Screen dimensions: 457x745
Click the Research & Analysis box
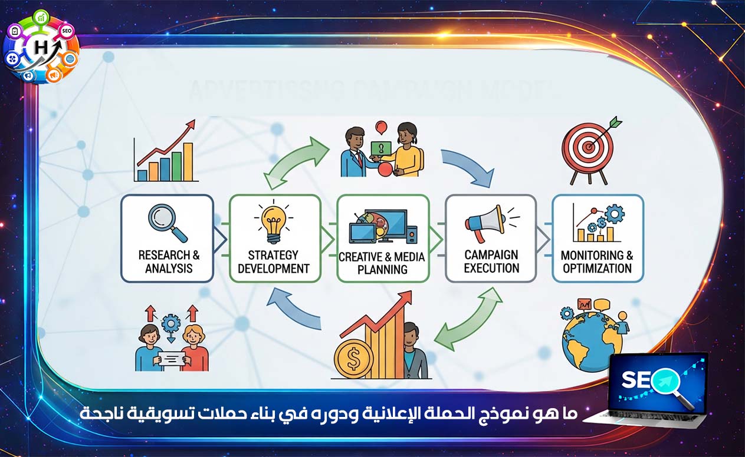tap(167, 238)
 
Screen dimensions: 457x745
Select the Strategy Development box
tap(275, 238)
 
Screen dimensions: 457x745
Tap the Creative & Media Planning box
tap(383, 238)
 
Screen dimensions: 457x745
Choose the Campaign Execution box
tap(491, 238)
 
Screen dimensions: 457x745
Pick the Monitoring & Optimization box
tap(598, 238)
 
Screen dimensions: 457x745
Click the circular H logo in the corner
tap(42, 45)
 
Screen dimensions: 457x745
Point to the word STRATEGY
tap(273, 256)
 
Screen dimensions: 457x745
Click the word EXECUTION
tap(491, 269)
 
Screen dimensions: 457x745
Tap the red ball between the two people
tap(385, 169)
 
